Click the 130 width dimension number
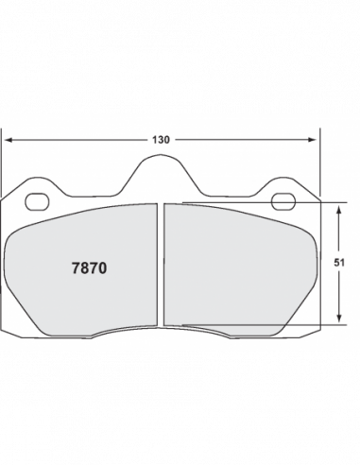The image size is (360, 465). point(161,140)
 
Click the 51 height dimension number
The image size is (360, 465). point(339,263)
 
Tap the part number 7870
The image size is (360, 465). point(90,268)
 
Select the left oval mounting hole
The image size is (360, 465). point(37,202)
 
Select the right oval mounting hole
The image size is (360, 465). point(283,202)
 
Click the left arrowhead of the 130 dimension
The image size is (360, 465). point(9,140)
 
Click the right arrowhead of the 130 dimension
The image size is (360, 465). point(312,140)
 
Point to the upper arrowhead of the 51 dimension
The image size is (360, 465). point(339,210)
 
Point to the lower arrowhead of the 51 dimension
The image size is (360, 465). point(339,319)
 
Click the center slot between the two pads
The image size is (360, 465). point(161,265)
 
